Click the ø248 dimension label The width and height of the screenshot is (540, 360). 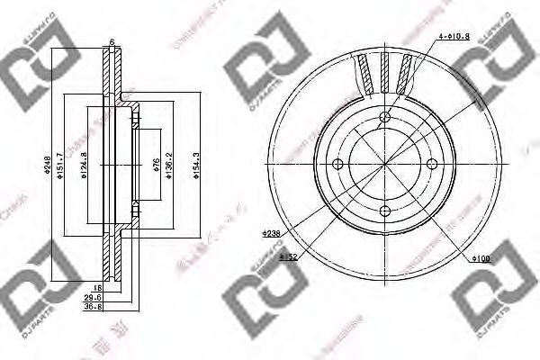click(x=47, y=166)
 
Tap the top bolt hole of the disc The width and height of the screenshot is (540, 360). click(x=385, y=117)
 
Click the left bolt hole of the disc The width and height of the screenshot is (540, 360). click(x=340, y=163)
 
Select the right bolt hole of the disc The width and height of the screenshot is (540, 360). click(x=431, y=163)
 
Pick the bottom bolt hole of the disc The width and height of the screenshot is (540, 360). click(x=385, y=209)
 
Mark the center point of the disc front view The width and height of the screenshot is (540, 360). click(x=385, y=163)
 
